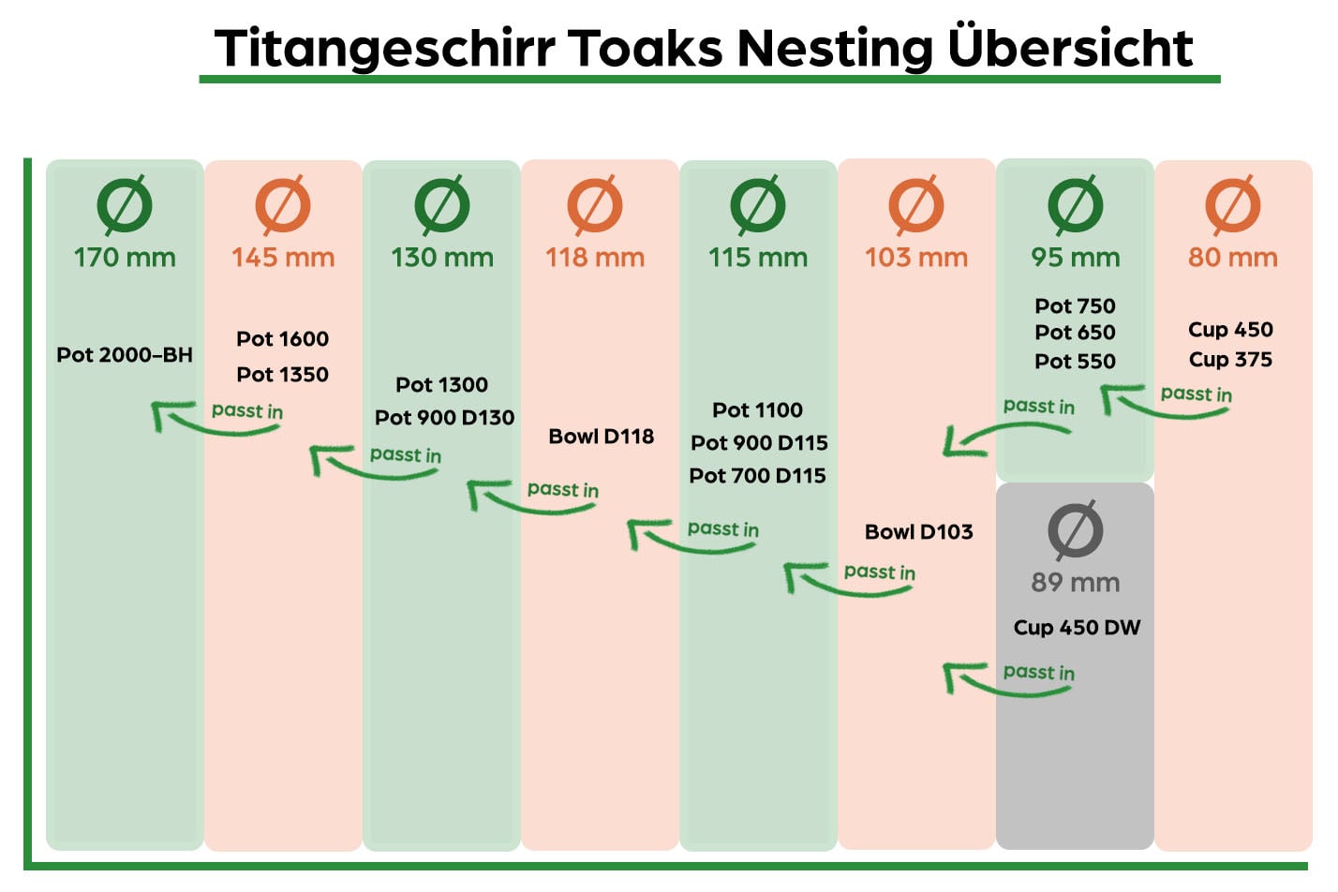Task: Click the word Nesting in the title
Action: (x=834, y=49)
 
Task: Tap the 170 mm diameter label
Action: (x=125, y=257)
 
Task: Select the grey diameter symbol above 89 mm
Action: (x=1075, y=530)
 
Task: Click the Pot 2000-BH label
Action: (x=125, y=355)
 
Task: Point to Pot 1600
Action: (x=282, y=338)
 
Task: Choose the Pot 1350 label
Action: (x=282, y=374)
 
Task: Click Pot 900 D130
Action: (x=444, y=417)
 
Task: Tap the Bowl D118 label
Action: (x=601, y=436)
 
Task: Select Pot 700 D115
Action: (x=757, y=475)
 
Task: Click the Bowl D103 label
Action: (x=918, y=531)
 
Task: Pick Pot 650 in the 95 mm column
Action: (x=1075, y=332)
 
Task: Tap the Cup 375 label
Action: (x=1230, y=359)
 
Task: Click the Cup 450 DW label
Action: (x=1077, y=627)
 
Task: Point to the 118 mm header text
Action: (x=595, y=257)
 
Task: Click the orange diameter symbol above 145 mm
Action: (x=283, y=204)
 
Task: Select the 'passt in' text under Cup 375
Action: (x=1196, y=394)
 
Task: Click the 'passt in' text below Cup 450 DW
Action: (x=1038, y=672)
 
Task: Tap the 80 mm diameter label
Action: (x=1232, y=257)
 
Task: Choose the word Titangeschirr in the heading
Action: (x=384, y=49)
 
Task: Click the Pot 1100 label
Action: (x=757, y=409)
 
